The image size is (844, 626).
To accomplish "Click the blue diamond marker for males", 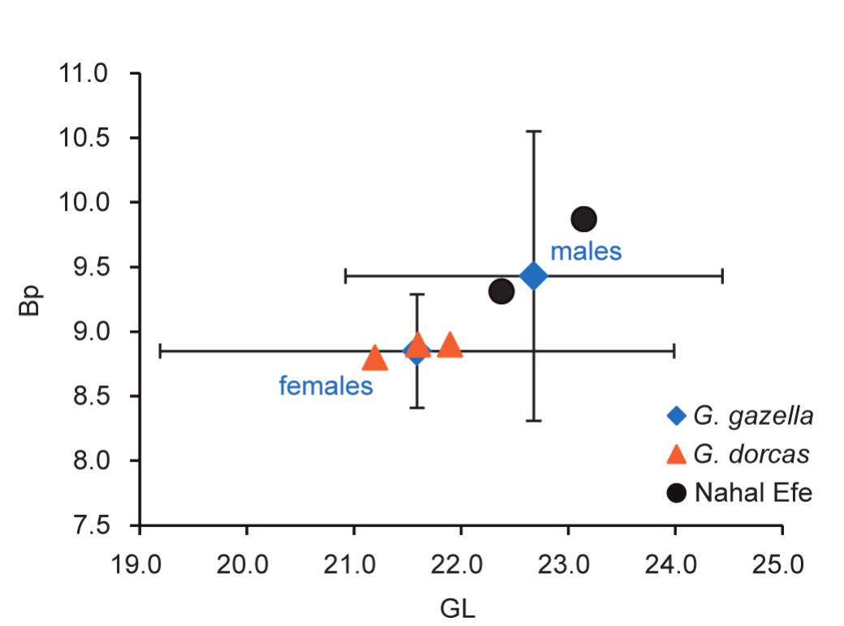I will [x=533, y=276].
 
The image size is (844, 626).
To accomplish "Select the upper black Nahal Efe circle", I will [x=583, y=219].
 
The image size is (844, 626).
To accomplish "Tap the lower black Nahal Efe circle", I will [x=502, y=291].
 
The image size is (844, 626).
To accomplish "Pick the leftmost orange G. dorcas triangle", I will [x=375, y=357].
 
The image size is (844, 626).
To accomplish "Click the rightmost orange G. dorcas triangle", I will [x=449, y=345].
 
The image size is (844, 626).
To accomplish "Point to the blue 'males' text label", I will [x=586, y=251].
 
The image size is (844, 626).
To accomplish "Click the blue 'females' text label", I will [x=325, y=386].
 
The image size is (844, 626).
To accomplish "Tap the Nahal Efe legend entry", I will [x=738, y=492].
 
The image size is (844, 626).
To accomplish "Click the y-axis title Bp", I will [x=31, y=300].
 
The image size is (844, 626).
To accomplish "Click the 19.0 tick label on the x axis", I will [x=140, y=561].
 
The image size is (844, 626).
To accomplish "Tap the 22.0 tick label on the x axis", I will [x=461, y=561].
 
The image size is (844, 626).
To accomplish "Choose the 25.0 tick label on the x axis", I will [x=782, y=561].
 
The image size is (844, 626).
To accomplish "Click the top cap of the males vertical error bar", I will [x=533, y=131].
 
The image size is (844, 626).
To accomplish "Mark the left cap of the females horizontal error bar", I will [x=160, y=351].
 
